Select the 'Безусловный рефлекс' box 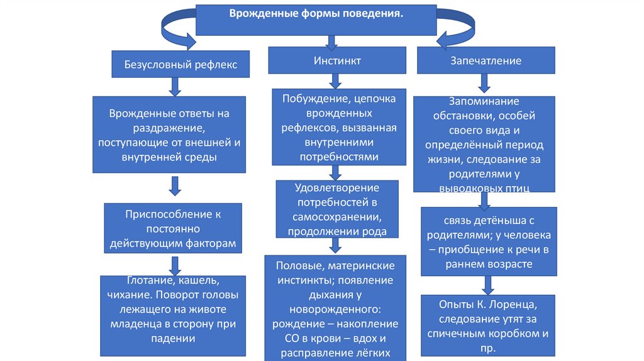(176, 65)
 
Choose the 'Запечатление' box (485, 61)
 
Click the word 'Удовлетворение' (337, 188)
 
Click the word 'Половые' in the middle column (287, 265)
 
